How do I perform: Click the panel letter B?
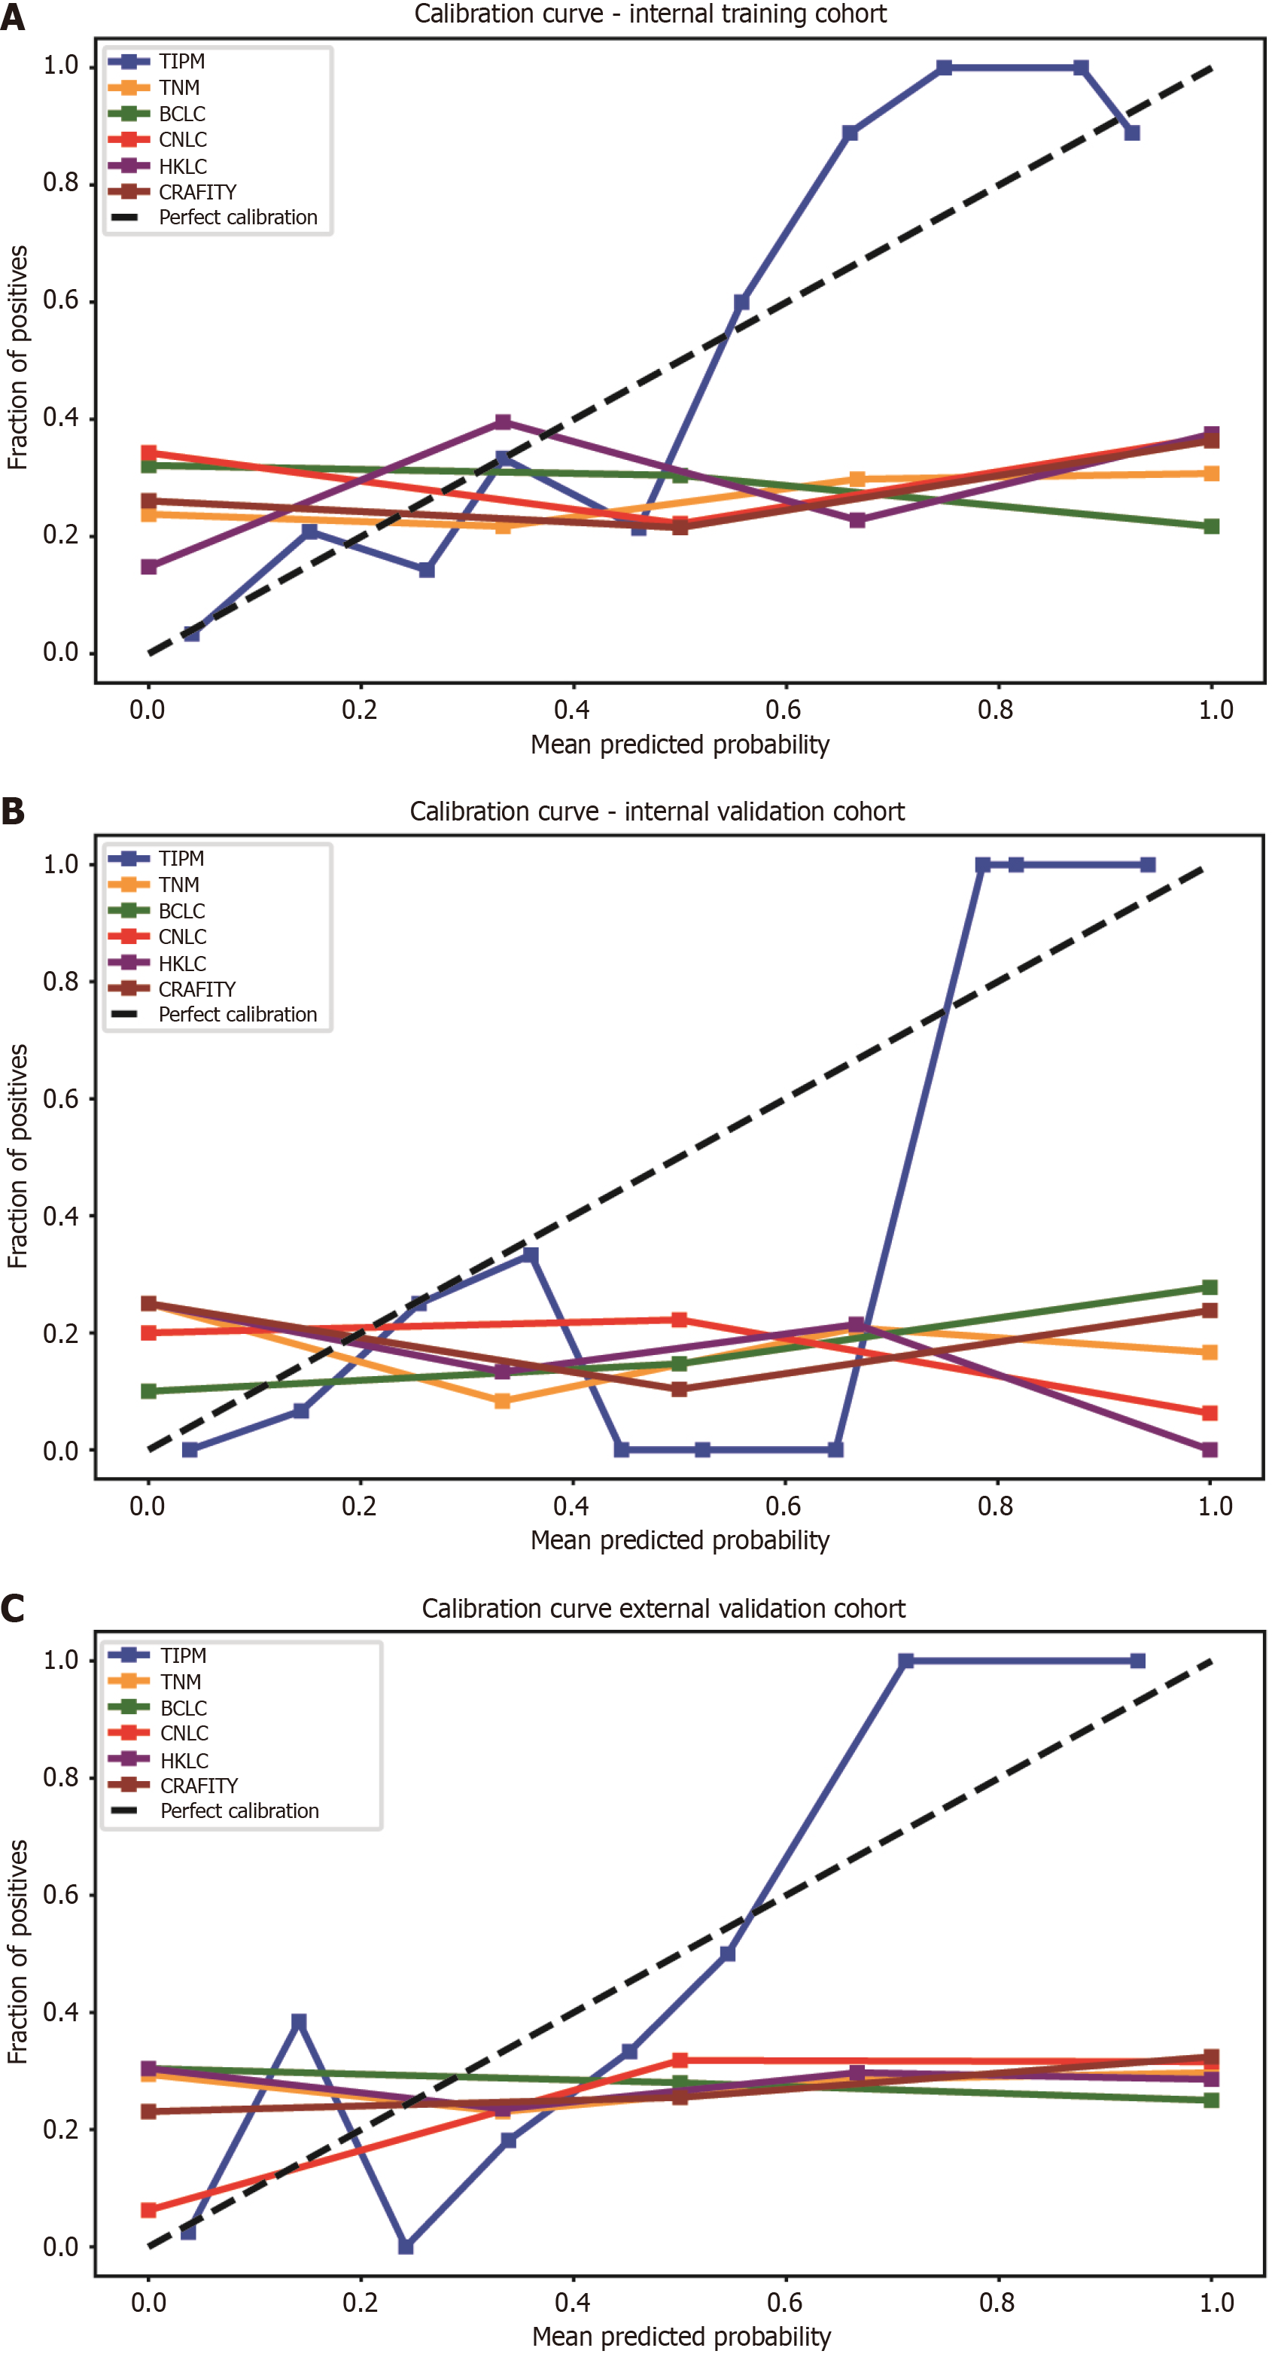[x=13, y=811]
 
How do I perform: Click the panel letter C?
[x=13, y=1607]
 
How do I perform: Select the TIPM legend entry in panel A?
[x=181, y=61]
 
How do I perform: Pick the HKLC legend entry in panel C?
[x=184, y=1760]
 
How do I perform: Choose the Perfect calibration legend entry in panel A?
[x=238, y=218]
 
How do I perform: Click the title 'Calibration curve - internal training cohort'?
[x=650, y=14]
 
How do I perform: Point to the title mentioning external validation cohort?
[x=663, y=1608]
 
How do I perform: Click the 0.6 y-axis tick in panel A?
[x=60, y=300]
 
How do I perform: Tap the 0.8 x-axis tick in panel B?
[x=995, y=1505]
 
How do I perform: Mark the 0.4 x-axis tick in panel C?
[x=572, y=2302]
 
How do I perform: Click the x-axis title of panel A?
[x=680, y=745]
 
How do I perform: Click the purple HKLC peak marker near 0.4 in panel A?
[x=503, y=422]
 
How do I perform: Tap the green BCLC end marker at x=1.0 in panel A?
[x=1212, y=526]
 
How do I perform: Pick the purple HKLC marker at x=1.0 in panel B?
[x=1210, y=1449]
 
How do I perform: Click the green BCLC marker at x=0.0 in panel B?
[x=149, y=1391]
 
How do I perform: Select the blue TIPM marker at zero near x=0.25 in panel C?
[x=406, y=2246]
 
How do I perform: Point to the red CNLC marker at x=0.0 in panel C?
[x=149, y=2209]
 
